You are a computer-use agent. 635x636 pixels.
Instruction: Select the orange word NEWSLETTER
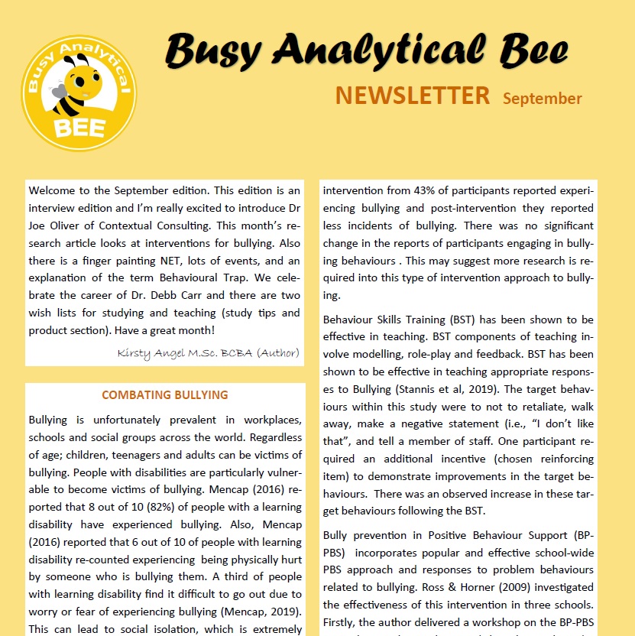[x=412, y=96]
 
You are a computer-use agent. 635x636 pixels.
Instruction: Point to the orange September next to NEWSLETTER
[x=542, y=99]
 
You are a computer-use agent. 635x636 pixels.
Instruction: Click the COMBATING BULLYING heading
[x=165, y=395]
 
